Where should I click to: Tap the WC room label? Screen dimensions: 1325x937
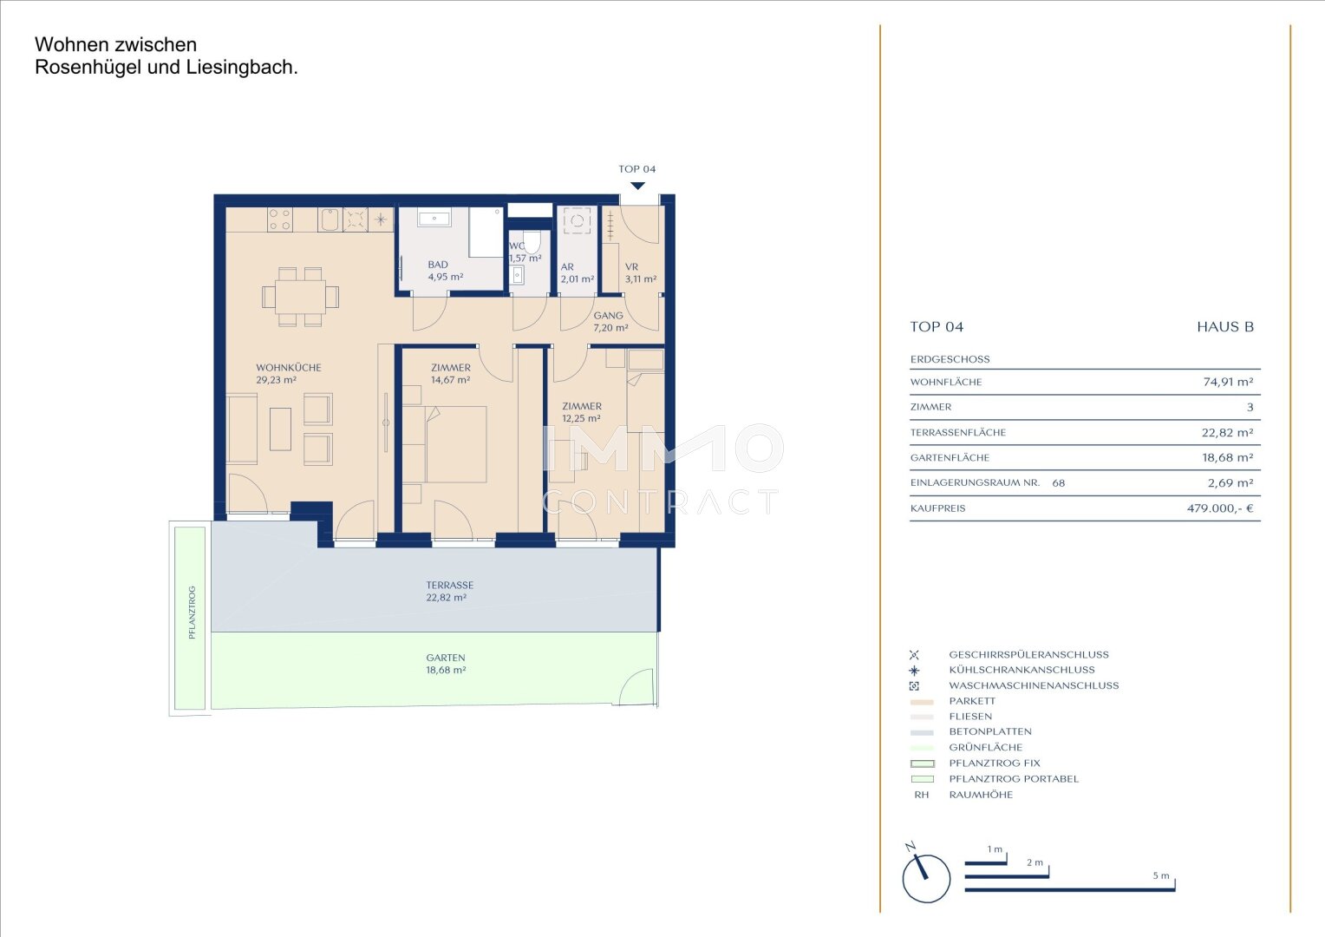click(x=517, y=246)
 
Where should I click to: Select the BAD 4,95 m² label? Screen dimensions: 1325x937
click(x=446, y=271)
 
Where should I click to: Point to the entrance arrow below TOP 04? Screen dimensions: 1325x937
click(x=637, y=186)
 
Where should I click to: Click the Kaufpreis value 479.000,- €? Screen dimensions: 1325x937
click(x=1220, y=508)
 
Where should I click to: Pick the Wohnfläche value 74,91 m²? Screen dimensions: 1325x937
click(x=1228, y=382)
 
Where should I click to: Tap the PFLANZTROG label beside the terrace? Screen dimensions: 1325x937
click(x=192, y=613)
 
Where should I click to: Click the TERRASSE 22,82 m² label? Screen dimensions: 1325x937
click(x=449, y=591)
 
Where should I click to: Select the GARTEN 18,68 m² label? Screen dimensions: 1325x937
click(x=446, y=664)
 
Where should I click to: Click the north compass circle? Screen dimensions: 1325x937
click(x=926, y=879)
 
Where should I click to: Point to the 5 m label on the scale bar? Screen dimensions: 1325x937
click(x=1160, y=875)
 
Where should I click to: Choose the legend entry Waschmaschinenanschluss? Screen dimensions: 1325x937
click(x=1034, y=685)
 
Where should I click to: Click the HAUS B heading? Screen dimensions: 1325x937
click(x=1225, y=327)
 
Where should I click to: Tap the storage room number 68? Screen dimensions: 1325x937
click(x=1058, y=483)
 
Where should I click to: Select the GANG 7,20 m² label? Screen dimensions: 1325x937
click(x=610, y=321)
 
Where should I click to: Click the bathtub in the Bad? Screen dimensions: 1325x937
click(x=434, y=218)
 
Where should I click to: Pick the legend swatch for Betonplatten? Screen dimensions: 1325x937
click(x=922, y=732)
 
